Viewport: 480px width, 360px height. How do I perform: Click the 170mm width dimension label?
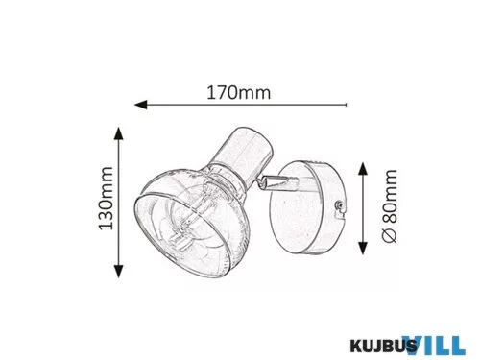(239, 93)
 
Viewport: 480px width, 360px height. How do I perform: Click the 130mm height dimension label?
(106, 199)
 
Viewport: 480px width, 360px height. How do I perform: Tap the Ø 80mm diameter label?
(390, 206)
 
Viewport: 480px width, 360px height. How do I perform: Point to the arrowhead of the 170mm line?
(141, 105)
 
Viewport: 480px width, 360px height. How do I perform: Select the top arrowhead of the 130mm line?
(119, 133)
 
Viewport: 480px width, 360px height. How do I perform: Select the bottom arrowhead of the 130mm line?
(119, 272)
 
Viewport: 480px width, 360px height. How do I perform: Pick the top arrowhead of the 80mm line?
(363, 169)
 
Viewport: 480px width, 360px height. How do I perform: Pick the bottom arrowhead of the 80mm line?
(363, 249)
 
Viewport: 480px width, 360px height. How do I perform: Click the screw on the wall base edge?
(339, 204)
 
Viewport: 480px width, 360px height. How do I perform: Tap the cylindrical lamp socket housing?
(243, 154)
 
